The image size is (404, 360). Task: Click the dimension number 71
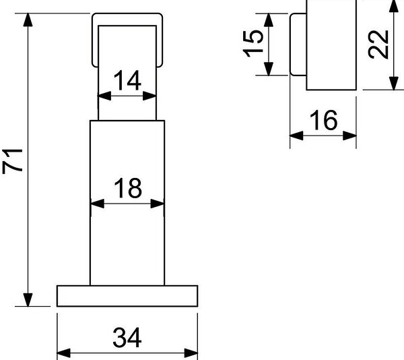pyautogui.click(x=13, y=161)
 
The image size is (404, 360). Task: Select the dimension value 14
pyautogui.click(x=127, y=80)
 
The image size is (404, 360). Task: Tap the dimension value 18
pyautogui.click(x=128, y=188)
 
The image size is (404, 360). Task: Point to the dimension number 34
pyautogui.click(x=127, y=337)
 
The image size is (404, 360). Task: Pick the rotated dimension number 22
pyautogui.click(x=378, y=44)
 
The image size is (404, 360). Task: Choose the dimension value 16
pyautogui.click(x=323, y=120)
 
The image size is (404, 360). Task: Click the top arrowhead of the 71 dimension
pyautogui.click(x=28, y=20)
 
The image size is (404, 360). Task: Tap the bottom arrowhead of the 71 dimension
pyautogui.click(x=28, y=300)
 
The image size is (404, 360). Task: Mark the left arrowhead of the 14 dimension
pyautogui.click(x=104, y=96)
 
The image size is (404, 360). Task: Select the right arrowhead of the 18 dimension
pyautogui.click(x=157, y=204)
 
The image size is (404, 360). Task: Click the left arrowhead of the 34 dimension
pyautogui.click(x=64, y=353)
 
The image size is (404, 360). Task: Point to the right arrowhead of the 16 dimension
pyautogui.click(x=349, y=136)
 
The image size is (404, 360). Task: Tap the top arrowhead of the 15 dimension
pyautogui.click(x=269, y=20)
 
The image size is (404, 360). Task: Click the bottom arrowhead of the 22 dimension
pyautogui.click(x=394, y=84)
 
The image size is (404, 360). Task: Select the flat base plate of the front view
pyautogui.click(x=127, y=296)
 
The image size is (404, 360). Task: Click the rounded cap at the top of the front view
pyautogui.click(x=127, y=15)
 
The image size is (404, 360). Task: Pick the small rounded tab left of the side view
pyautogui.click(x=298, y=44)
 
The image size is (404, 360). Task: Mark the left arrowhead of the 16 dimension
pyautogui.click(x=296, y=136)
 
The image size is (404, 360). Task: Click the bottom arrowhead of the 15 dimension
pyautogui.click(x=269, y=69)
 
